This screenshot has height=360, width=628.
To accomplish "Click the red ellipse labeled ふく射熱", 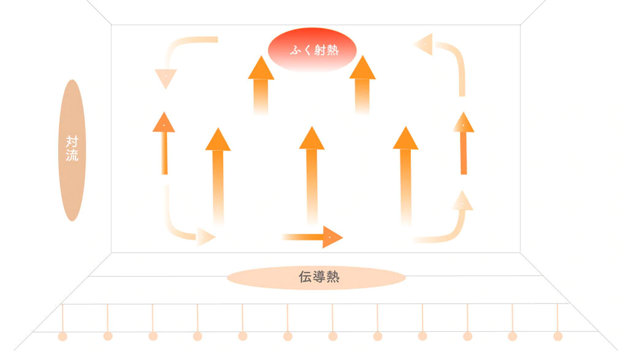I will point(312,50).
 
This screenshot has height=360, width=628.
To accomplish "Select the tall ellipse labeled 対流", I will point(72,150).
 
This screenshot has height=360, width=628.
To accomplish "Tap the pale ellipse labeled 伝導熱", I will point(316,278).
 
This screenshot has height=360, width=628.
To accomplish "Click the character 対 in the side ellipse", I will point(72,141).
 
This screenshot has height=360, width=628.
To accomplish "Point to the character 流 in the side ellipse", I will point(72,155).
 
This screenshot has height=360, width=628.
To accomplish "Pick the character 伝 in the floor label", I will point(305,277).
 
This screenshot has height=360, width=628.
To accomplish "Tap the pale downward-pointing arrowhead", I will point(166,79).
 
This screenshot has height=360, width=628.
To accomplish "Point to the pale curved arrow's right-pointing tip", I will point(207,237).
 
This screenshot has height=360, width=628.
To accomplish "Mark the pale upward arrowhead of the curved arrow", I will point(462,201).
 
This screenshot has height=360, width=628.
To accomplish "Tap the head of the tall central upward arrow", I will point(312,138).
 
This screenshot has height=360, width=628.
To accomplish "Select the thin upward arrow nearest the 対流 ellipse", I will point(164,144).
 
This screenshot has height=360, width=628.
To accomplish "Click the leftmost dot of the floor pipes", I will point(63,336).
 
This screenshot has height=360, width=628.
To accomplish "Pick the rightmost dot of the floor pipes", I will point(557,336).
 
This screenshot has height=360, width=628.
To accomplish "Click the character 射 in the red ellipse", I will point(318,50).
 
